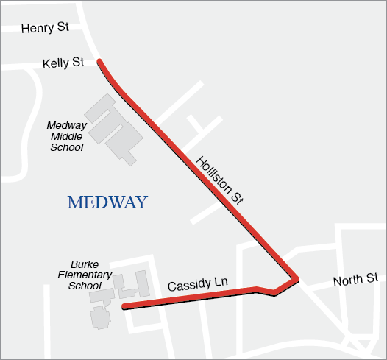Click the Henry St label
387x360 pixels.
45,28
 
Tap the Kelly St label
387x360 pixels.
63,63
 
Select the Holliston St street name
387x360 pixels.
219,180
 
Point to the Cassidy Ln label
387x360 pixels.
194,284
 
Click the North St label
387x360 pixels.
355,280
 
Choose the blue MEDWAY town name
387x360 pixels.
107,202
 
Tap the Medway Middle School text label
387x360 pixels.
67,136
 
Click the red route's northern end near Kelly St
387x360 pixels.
100,63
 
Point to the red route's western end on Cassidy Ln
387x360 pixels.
124,306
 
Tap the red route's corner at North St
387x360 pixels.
297,279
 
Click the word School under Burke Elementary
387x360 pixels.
85,286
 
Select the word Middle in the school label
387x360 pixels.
67,136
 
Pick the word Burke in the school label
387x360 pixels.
85,264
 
